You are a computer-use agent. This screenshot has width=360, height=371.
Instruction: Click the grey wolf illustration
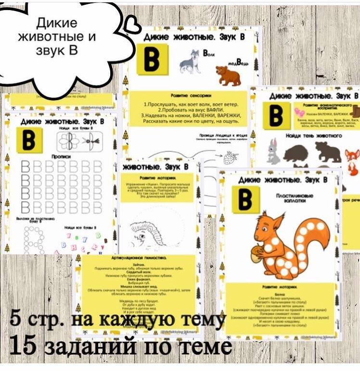(190, 61)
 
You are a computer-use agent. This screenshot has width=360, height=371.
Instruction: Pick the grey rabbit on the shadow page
(273, 151)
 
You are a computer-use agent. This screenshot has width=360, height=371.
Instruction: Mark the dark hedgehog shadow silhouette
(298, 154)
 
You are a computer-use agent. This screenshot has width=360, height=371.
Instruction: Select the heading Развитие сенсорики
(190, 96)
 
